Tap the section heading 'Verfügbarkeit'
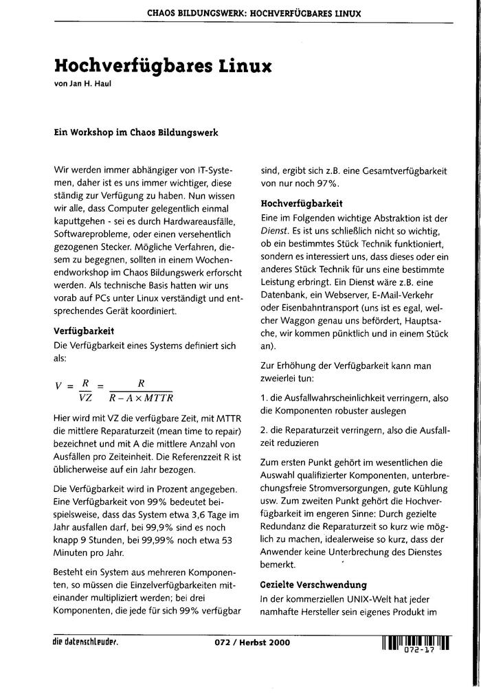[x=83, y=330]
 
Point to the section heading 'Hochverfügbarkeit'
[x=302, y=203]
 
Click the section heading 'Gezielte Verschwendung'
[x=313, y=585]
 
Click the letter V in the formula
[x=58, y=386]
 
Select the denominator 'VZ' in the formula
[x=86, y=397]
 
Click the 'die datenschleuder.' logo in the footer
[x=85, y=642]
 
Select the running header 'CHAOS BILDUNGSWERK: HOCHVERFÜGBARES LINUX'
[x=254, y=13]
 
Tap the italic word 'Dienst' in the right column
[x=274, y=232]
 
